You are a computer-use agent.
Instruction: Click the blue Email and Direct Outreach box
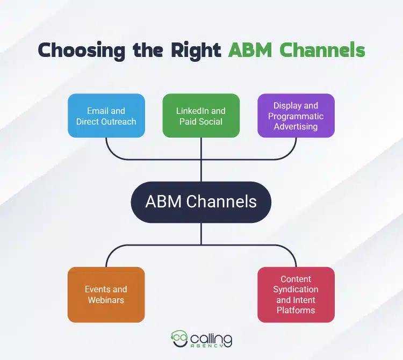106,116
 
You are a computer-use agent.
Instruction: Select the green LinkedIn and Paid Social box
201,116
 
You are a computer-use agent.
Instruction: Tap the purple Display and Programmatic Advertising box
296,116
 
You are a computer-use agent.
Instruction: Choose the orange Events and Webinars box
106,294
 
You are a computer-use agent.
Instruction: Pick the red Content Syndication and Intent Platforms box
296,294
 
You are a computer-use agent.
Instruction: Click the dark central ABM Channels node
201,202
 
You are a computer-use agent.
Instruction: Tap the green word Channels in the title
322,50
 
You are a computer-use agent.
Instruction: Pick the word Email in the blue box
98,111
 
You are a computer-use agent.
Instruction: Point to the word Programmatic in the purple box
296,116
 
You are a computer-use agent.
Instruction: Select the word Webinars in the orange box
106,300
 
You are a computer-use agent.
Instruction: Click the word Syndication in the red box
296,290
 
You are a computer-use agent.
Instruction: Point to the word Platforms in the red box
296,310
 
